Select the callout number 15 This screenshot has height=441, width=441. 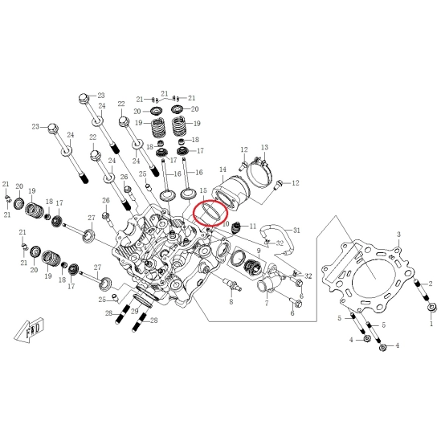[x=203, y=191]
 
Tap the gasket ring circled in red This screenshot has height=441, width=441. [x=210, y=214]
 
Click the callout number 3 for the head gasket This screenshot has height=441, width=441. [x=398, y=235]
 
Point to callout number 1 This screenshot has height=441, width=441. [x=431, y=324]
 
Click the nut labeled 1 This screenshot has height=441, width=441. [x=431, y=308]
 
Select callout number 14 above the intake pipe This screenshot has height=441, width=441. [x=223, y=169]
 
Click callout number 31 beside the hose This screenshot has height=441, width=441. [x=296, y=231]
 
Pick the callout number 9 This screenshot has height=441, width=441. [x=259, y=250]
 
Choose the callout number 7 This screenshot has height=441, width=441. [x=266, y=303]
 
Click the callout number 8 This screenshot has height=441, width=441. [x=231, y=302]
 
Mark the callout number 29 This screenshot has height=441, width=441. [x=135, y=312]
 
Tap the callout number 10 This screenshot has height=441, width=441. [x=226, y=224]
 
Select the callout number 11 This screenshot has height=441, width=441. [x=253, y=226]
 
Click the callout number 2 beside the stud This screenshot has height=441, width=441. [x=431, y=284]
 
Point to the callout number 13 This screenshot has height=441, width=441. [x=264, y=147]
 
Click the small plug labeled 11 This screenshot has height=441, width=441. [x=236, y=227]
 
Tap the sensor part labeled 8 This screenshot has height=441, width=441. [x=231, y=284]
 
